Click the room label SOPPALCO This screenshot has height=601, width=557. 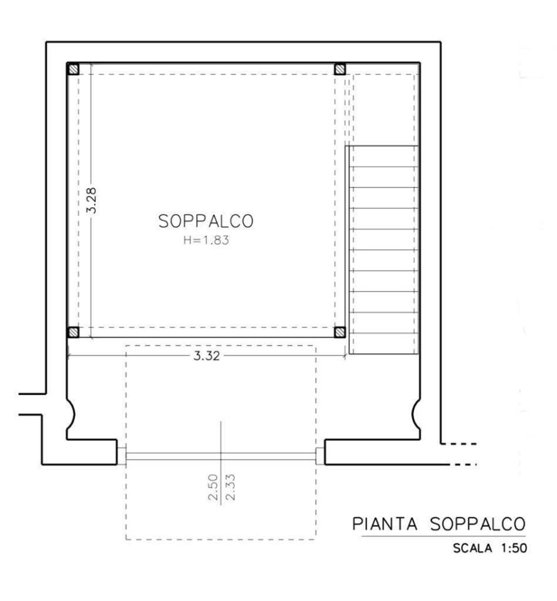206,222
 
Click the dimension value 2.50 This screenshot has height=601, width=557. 213,487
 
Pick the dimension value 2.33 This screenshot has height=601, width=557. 229,487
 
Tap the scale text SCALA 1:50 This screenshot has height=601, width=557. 490,548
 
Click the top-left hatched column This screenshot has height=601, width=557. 74,69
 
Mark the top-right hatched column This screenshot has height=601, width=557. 340,69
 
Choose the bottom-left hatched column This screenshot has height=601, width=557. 74,332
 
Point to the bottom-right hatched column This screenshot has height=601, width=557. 340,332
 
